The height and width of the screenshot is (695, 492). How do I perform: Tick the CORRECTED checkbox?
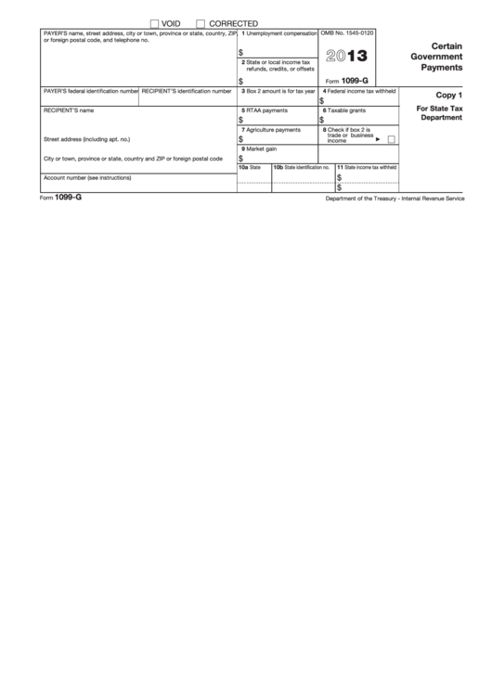(x=201, y=22)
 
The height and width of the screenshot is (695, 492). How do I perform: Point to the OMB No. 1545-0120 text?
(x=347, y=32)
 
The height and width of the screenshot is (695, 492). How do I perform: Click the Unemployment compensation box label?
(x=278, y=32)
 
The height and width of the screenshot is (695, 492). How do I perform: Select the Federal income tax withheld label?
(x=359, y=91)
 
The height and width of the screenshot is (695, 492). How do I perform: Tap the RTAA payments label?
(x=265, y=110)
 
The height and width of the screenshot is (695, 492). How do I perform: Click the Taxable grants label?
(x=343, y=110)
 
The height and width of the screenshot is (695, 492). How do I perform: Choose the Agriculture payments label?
(x=270, y=130)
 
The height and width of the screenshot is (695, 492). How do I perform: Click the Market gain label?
(x=259, y=148)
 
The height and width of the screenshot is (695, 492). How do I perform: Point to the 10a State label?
(x=250, y=167)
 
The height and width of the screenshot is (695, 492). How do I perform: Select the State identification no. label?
(x=302, y=167)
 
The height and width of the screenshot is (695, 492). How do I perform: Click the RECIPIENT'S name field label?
(x=68, y=110)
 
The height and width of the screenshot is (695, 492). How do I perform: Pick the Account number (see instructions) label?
(x=87, y=177)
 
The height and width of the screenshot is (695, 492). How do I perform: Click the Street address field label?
(x=86, y=139)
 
